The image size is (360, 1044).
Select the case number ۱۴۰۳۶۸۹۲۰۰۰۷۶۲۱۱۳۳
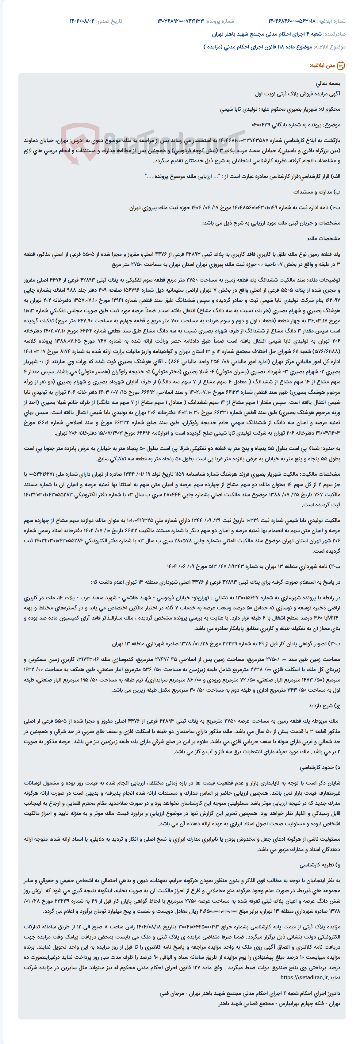pos(181,21)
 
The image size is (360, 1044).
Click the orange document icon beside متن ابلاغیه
pos(341,66)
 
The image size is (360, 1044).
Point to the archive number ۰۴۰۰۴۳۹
pos(264,125)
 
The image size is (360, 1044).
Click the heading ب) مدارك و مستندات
pos(317,192)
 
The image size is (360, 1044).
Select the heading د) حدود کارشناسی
pos(320,768)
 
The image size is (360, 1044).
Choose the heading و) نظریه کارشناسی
pos(320,865)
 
